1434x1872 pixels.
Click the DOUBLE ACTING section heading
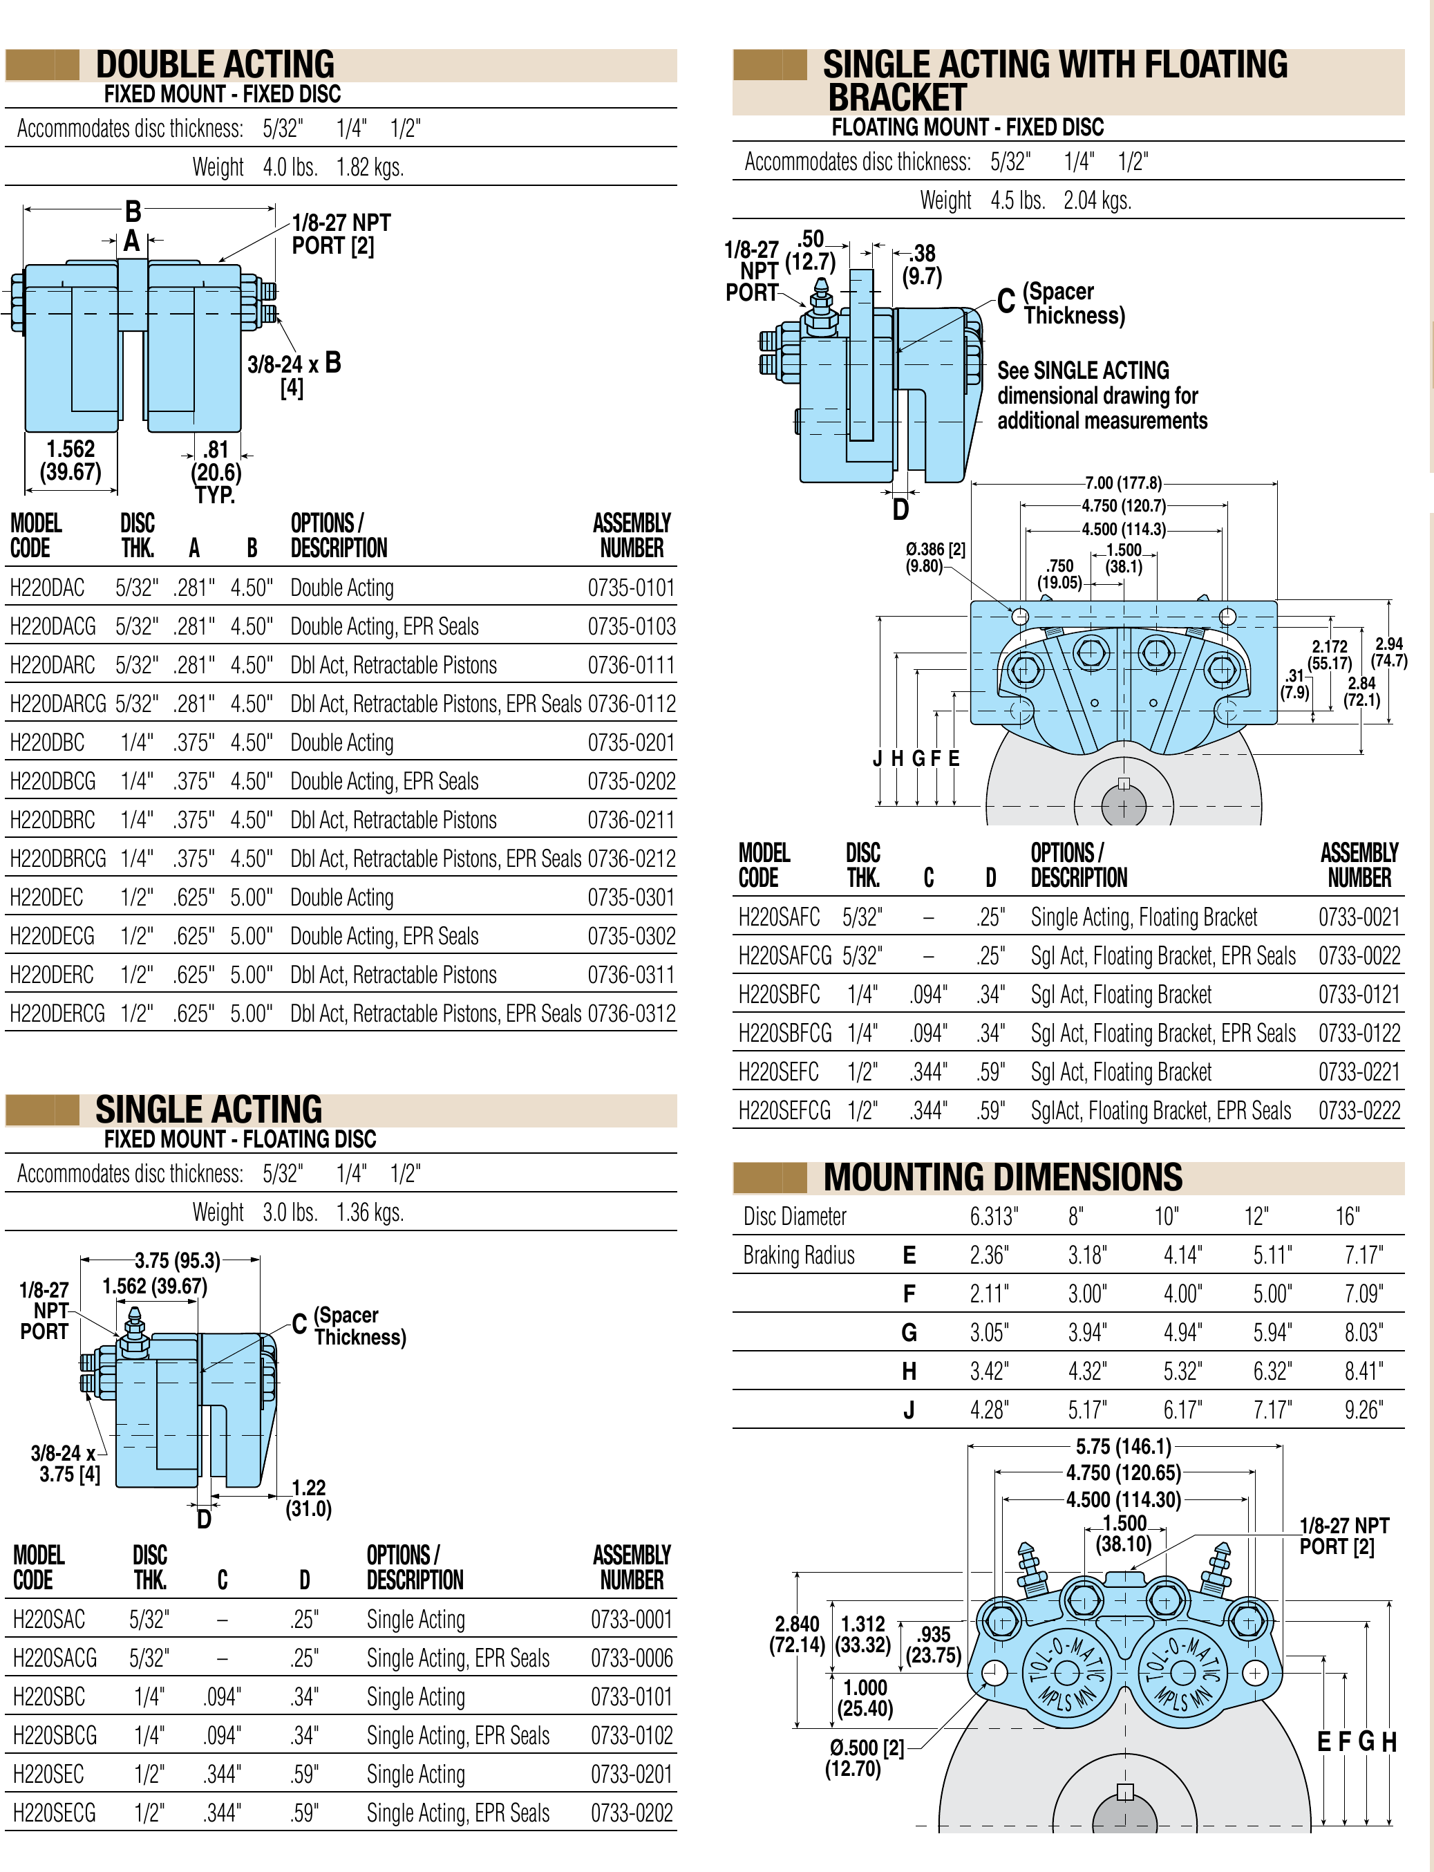[215, 65]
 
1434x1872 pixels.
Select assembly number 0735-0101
[631, 588]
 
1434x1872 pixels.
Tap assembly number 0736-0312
[631, 1013]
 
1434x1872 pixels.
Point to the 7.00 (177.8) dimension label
[1123, 483]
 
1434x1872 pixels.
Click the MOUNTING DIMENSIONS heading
[1003, 1177]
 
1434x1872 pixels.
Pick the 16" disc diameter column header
[1348, 1217]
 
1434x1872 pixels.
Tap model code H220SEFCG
[784, 1111]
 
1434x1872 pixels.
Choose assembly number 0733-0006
[632, 1658]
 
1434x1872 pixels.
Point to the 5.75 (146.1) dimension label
[1123, 1447]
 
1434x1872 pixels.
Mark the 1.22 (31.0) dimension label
[308, 1498]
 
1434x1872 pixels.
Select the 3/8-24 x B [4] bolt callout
[294, 375]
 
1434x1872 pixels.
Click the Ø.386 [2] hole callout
[936, 557]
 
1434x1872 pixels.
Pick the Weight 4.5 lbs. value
[1018, 200]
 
